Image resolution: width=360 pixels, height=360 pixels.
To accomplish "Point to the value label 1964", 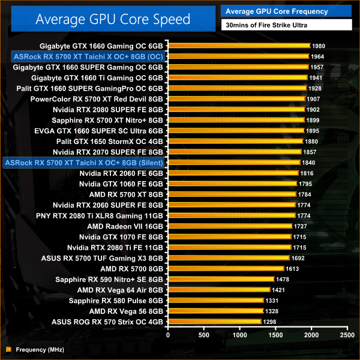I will [x=319, y=56].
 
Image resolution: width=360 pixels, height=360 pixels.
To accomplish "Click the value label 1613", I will [x=292, y=269].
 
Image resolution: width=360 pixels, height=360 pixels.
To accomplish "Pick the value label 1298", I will [x=270, y=322].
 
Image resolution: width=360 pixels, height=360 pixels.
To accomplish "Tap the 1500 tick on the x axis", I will [x=276, y=334].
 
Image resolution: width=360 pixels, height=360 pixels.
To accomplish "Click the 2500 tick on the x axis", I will [x=347, y=334].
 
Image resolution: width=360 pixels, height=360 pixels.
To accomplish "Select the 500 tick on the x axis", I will [x=205, y=334].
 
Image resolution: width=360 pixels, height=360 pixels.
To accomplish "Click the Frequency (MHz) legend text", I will [x=40, y=349].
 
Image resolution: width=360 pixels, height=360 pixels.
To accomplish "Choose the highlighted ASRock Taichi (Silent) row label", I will [x=83, y=162].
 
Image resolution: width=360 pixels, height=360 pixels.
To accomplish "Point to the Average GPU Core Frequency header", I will [x=277, y=11].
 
